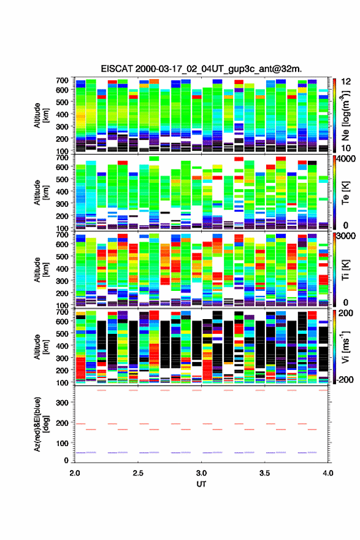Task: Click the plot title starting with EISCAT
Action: pos(201,69)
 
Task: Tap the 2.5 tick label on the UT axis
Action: pos(138,473)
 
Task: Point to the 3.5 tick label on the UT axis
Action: pos(265,473)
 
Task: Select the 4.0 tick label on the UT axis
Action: pos(328,473)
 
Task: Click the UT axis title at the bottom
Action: pos(201,484)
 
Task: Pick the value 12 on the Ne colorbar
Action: pos(346,82)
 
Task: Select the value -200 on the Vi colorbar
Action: pos(344,379)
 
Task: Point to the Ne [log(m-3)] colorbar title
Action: pos(345,115)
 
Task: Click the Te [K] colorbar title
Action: pos(346,193)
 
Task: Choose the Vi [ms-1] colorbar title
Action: pos(345,347)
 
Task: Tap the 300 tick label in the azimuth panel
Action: pos(63,403)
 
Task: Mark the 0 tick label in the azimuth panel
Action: pos(66,460)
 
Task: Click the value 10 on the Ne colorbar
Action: pos(346,148)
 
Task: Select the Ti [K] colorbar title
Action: pos(346,270)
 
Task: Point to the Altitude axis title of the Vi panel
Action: pos(41,347)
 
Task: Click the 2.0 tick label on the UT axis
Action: pos(75,473)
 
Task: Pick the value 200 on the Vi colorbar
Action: pos(346,313)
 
